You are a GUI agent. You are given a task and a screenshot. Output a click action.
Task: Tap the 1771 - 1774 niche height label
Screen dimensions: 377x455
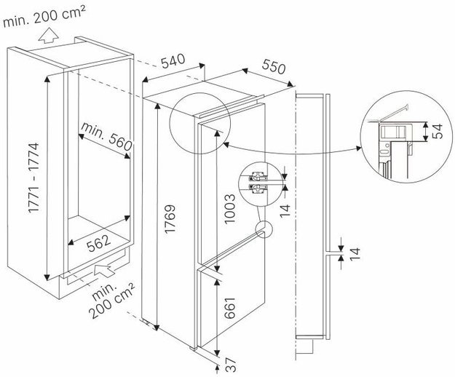32,177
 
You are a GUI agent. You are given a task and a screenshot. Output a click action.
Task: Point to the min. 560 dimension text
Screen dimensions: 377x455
105,137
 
